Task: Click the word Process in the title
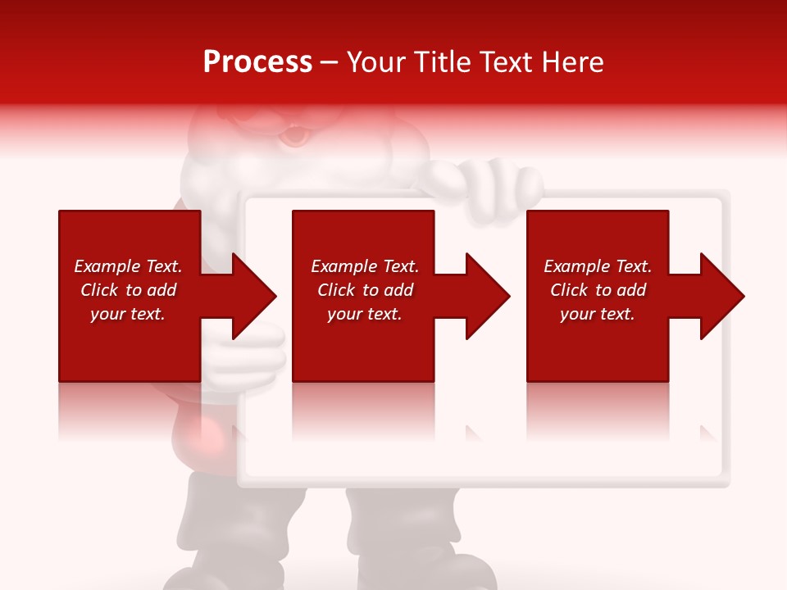coord(257,62)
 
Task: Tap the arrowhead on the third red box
coord(721,296)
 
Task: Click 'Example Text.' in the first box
coord(128,266)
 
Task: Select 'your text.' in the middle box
coord(365,314)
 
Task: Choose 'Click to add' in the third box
coord(598,290)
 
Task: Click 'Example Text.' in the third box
coord(598,266)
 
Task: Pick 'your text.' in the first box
coord(128,314)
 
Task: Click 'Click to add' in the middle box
coord(365,290)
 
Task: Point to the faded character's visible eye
coord(293,136)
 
